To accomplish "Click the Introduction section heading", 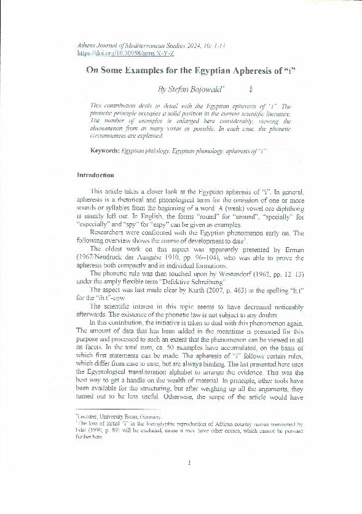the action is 95,175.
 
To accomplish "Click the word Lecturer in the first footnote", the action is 90,417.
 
